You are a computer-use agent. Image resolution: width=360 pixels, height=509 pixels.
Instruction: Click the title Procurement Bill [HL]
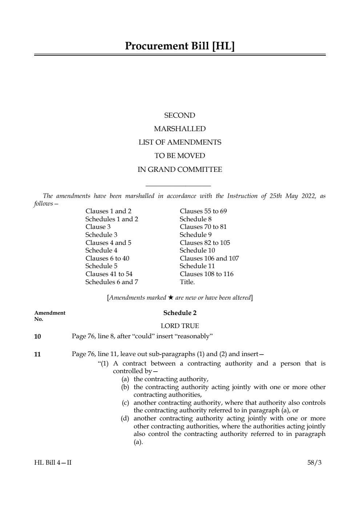(x=180, y=46)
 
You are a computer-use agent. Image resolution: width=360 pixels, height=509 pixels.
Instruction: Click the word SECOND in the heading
(x=179, y=116)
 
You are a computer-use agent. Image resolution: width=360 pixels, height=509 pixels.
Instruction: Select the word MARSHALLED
(x=179, y=129)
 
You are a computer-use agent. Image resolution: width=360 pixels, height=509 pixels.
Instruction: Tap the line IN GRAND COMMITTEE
(x=179, y=170)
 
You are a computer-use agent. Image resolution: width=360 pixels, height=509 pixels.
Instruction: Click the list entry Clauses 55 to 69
(x=203, y=211)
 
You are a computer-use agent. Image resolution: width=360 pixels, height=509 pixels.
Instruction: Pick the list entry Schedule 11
(x=197, y=266)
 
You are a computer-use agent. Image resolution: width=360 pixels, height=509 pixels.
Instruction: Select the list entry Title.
(x=187, y=282)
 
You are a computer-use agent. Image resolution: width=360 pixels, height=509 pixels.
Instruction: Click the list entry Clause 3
(x=98, y=227)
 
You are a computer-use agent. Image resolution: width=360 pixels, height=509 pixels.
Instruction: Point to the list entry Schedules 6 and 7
(x=112, y=282)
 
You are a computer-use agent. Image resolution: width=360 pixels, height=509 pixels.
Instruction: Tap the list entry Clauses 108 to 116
(x=206, y=274)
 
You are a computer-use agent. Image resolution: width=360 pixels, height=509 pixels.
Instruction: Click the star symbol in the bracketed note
(x=170, y=298)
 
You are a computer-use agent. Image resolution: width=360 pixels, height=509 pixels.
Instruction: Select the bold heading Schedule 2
(x=179, y=313)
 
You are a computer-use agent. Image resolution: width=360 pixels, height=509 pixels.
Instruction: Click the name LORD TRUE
(x=179, y=326)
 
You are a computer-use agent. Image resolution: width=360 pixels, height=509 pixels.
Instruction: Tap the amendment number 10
(x=37, y=336)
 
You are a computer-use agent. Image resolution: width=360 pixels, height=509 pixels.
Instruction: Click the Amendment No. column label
(x=49, y=316)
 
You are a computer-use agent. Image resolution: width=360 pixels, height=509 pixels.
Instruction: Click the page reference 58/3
(x=314, y=462)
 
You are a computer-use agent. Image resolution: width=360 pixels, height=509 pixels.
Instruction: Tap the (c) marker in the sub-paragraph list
(x=125, y=403)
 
